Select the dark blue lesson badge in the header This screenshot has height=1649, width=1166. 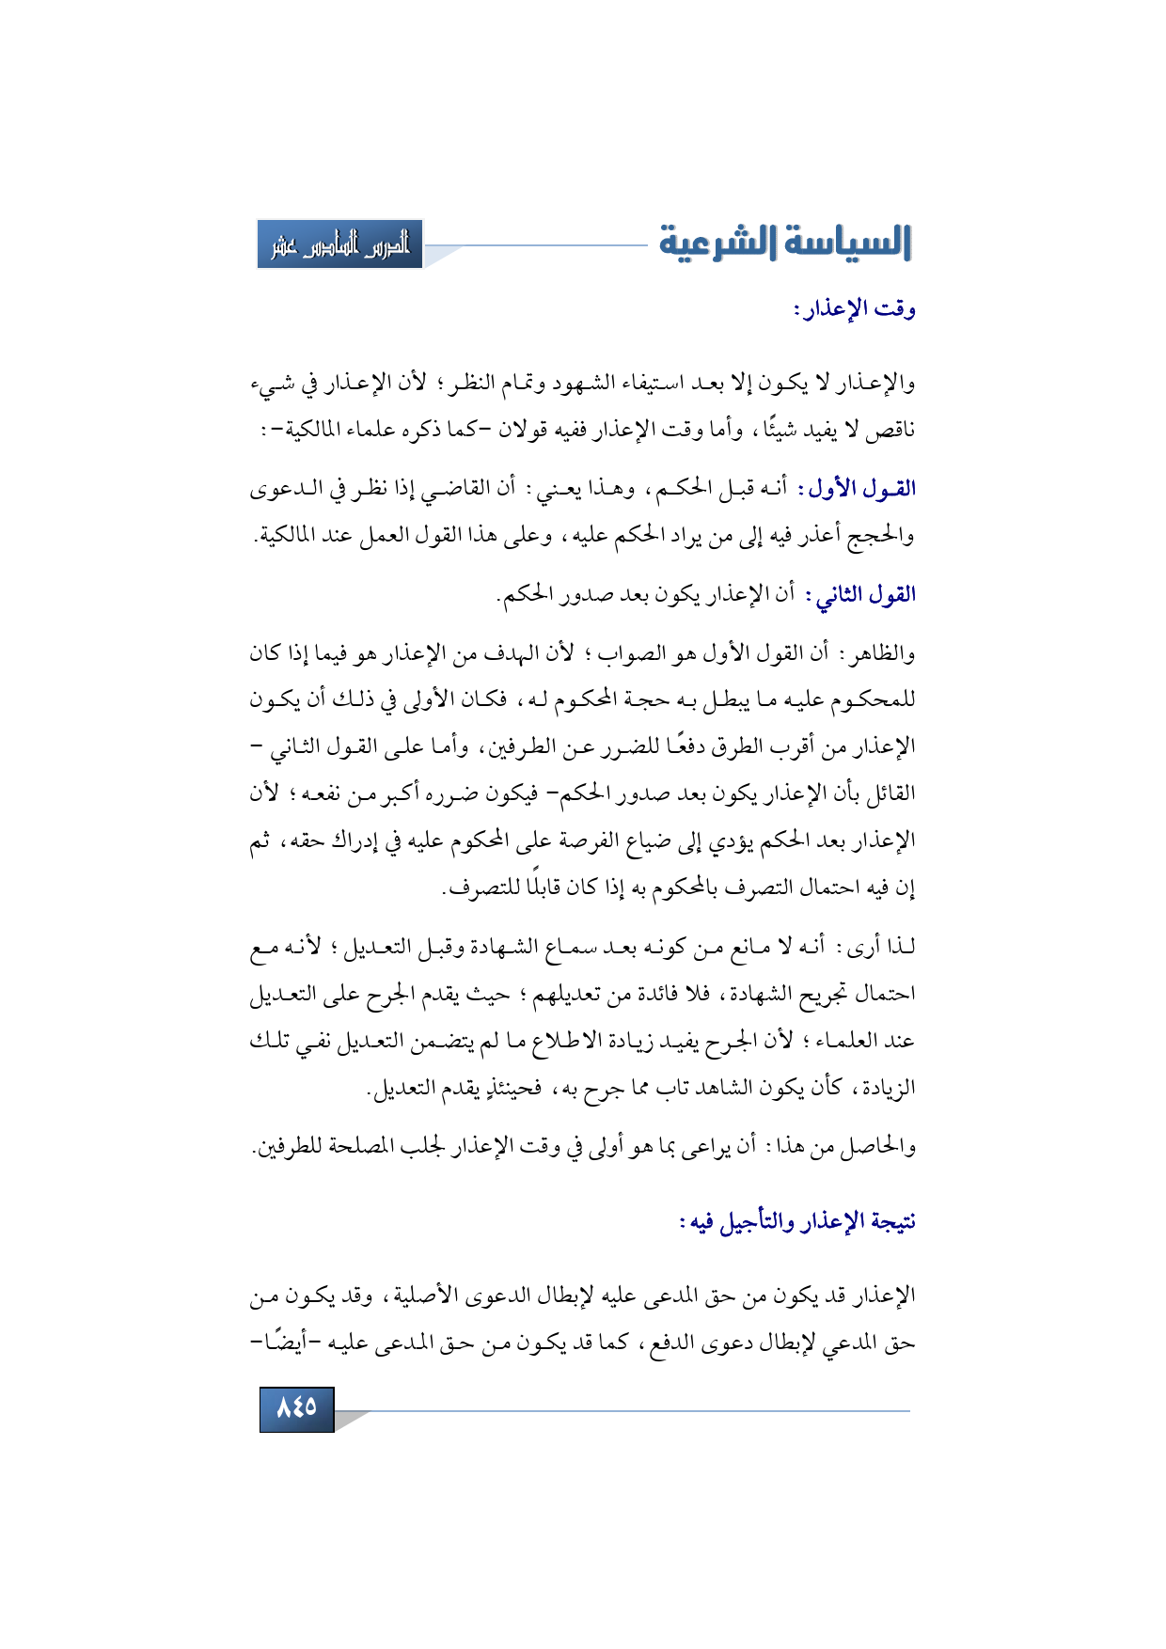(x=339, y=244)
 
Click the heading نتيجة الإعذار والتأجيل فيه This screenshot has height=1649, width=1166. (x=797, y=1221)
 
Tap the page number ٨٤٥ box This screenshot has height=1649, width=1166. (x=296, y=1407)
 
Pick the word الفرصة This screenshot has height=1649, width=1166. (x=591, y=840)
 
